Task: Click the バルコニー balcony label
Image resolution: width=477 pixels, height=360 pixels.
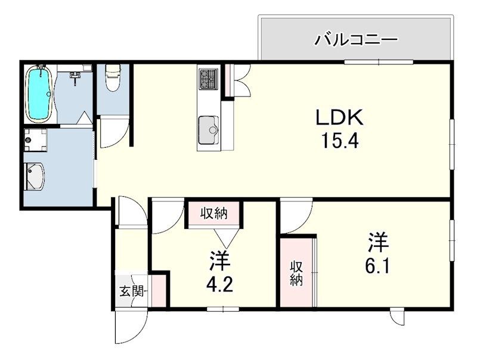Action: tap(355, 40)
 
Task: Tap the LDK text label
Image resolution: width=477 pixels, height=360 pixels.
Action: tap(339, 117)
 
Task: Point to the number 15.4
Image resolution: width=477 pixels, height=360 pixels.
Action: tap(340, 141)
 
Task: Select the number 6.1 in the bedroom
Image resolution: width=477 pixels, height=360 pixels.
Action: tap(377, 267)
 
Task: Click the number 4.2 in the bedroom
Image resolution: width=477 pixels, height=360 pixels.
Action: tap(219, 285)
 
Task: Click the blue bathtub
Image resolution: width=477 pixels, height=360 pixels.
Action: tap(39, 93)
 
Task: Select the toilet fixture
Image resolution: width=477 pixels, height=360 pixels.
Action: tap(113, 78)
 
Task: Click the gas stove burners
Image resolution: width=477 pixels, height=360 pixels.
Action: tap(208, 79)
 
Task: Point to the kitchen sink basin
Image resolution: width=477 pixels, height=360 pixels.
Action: tap(208, 130)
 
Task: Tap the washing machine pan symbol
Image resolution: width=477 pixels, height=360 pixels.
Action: tap(36, 140)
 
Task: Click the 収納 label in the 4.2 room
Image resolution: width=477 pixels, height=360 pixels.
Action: tap(214, 213)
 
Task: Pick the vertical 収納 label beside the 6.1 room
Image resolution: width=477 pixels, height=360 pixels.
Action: tap(296, 274)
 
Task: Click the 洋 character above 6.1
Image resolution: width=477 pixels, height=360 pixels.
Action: tap(379, 243)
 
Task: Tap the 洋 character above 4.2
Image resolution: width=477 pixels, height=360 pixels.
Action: tap(219, 260)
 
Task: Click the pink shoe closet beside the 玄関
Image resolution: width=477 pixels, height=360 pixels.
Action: tap(159, 291)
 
